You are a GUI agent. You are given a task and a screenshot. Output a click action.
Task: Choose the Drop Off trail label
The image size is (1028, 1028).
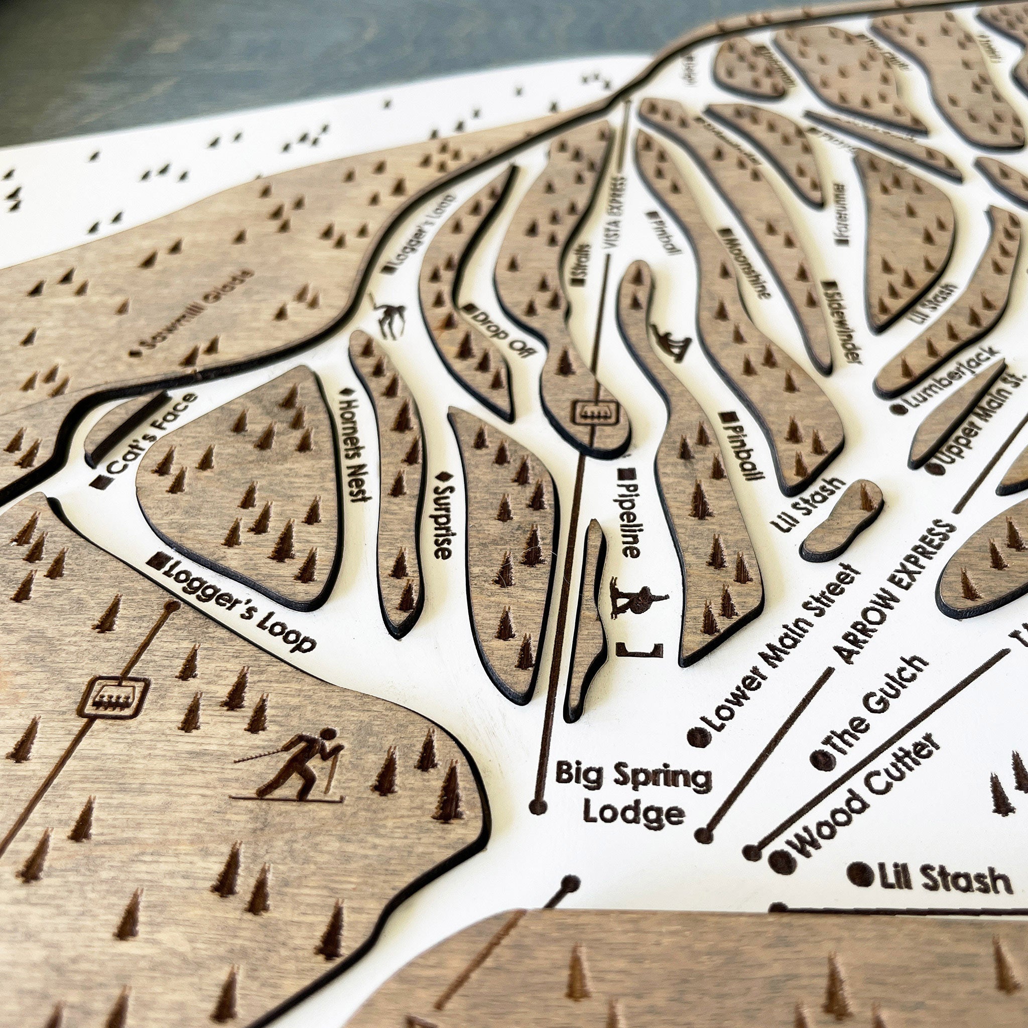click(x=500, y=330)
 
